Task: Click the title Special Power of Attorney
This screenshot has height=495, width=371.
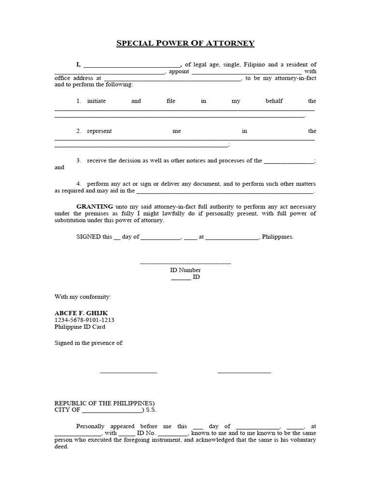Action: (x=185, y=44)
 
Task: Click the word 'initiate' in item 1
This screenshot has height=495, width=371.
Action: (x=96, y=101)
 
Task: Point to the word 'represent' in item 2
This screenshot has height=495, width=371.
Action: (x=99, y=131)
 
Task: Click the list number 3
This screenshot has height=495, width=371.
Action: (x=78, y=160)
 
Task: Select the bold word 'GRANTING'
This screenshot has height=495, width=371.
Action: (x=95, y=206)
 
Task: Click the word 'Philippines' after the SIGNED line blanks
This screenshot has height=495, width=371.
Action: (x=277, y=237)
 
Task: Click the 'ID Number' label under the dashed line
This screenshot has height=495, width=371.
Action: (x=185, y=270)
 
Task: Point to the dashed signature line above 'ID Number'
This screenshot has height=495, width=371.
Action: (x=185, y=263)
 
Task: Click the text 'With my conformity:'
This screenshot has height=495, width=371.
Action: (x=83, y=296)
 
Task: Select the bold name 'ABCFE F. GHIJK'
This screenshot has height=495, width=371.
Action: (x=81, y=313)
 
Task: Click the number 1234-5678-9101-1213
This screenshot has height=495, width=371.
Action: (x=84, y=320)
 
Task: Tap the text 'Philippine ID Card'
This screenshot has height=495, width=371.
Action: (x=80, y=327)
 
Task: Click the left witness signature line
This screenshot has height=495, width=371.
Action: (x=128, y=372)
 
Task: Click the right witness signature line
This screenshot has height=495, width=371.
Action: (x=244, y=372)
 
